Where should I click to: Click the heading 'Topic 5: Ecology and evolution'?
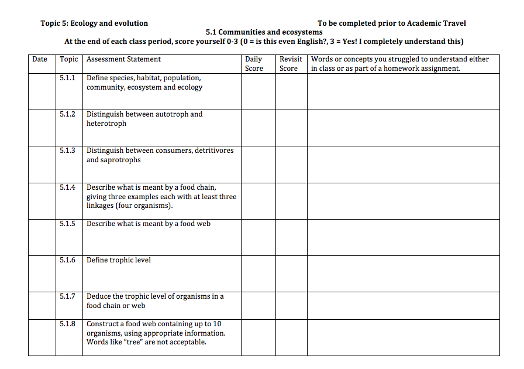coord(94,23)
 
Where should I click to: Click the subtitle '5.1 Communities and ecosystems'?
coord(264,32)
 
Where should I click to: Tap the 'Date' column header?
coord(40,59)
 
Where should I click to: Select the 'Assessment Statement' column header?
coord(123,59)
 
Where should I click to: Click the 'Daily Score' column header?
coord(254,63)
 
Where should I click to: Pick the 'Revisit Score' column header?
coord(291,63)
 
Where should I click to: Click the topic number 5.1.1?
coord(67,78)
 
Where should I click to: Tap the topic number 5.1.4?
coord(67,187)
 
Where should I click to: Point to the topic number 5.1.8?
coord(67,324)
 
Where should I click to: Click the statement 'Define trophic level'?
coord(119,260)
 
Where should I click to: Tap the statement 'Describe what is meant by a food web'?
coord(149,224)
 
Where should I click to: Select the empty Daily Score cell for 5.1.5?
coord(258,237)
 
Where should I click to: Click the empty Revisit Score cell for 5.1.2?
coord(291,128)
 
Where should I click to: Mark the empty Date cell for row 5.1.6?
coord(42,274)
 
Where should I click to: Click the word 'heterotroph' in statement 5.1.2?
coord(106,124)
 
